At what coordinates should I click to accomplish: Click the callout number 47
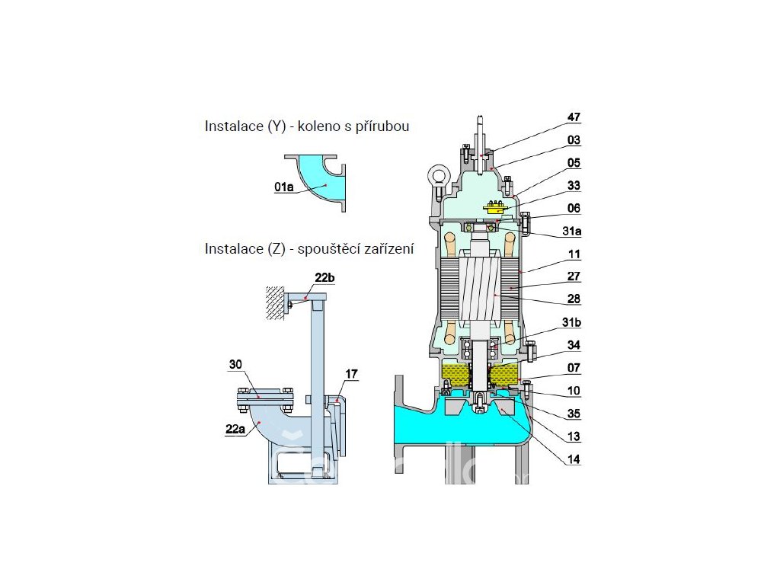(x=574, y=117)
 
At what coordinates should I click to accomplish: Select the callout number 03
(x=574, y=140)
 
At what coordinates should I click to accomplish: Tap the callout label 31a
(x=571, y=232)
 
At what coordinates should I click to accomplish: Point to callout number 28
(x=574, y=299)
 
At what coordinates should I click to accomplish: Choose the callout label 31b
(x=571, y=322)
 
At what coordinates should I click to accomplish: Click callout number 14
(x=574, y=459)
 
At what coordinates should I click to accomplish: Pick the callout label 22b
(x=324, y=277)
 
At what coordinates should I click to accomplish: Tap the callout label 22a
(x=235, y=429)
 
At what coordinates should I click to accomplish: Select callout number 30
(x=235, y=364)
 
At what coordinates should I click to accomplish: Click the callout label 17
(x=351, y=373)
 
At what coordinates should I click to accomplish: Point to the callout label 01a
(x=284, y=187)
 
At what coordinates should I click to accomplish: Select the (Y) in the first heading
(x=277, y=126)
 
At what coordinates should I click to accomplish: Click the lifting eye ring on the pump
(x=438, y=177)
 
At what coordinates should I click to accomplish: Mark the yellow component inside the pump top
(x=495, y=207)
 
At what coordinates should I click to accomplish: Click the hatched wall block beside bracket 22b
(x=275, y=302)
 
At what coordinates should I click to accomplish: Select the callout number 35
(x=574, y=414)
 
